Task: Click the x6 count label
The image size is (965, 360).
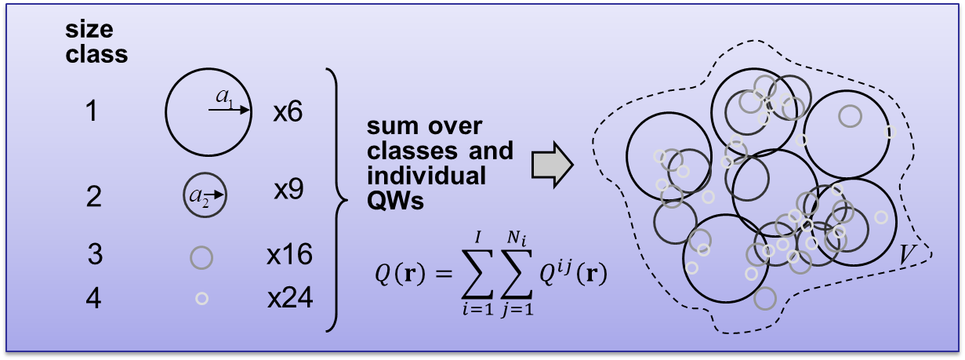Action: tap(288, 113)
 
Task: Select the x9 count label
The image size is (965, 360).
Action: tap(288, 191)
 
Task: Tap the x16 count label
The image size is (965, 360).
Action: tap(289, 254)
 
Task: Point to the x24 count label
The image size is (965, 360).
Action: tap(289, 299)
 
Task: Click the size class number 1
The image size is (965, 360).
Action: tap(93, 113)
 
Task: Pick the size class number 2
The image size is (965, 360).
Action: tap(94, 196)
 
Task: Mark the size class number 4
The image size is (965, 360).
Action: tap(93, 300)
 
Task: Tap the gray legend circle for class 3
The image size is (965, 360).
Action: tap(201, 256)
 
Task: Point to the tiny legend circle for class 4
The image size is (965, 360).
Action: tap(201, 299)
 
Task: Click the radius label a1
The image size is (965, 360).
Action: tap(225, 98)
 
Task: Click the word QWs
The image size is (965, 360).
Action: tap(396, 202)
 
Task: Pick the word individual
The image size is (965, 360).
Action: tap(426, 175)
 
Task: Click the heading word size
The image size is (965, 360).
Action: tap(90, 31)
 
